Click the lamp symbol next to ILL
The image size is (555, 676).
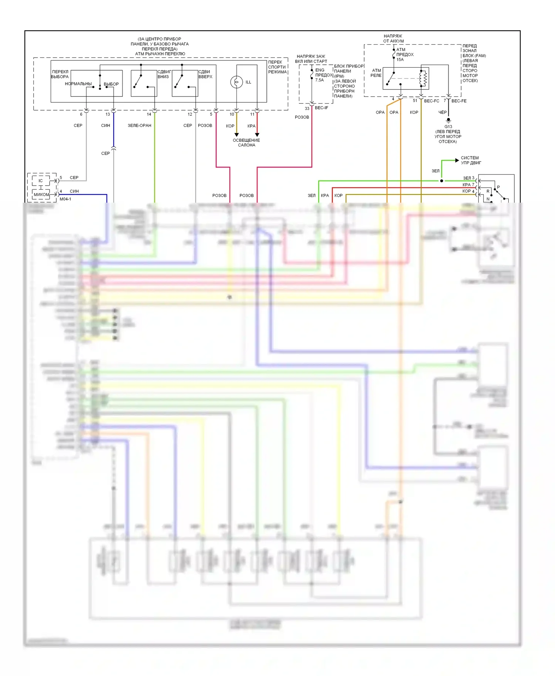tap(236, 82)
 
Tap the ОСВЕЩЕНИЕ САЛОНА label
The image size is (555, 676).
tap(246, 143)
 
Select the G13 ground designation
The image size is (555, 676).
tap(448, 126)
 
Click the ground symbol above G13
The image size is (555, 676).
tap(448, 120)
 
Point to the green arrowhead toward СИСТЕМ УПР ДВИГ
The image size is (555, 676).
tap(457, 160)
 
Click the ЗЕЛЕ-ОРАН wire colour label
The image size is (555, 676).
tap(139, 125)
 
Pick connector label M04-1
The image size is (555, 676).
tap(65, 199)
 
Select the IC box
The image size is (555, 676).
tap(41, 181)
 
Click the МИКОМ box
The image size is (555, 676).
tap(41, 195)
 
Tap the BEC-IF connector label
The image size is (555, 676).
tap(321, 108)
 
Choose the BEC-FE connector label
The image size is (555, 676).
tap(459, 101)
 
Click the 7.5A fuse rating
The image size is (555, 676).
tap(319, 80)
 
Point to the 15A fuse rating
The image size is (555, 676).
tap(400, 60)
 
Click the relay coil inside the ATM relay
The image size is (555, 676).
tap(424, 78)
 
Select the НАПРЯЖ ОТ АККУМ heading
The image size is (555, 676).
tap(393, 38)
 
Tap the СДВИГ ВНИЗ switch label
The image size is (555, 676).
tap(164, 74)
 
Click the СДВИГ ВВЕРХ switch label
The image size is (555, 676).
tap(205, 74)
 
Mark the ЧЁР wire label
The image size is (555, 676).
tap(443, 112)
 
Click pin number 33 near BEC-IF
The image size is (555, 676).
tap(307, 108)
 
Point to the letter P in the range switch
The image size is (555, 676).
tap(498, 187)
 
